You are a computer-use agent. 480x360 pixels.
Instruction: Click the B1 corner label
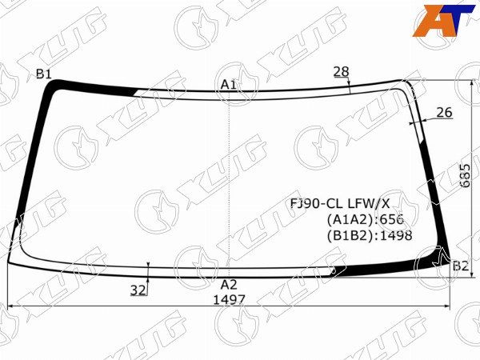(43, 74)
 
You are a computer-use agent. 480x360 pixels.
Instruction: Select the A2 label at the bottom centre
(229, 284)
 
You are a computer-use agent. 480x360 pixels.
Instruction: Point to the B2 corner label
(460, 266)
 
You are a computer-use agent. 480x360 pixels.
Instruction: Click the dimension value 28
(341, 72)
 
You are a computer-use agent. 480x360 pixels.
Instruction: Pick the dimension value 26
(444, 113)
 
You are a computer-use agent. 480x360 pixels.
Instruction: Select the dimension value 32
(138, 290)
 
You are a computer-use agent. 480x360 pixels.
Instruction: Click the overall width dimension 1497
(229, 300)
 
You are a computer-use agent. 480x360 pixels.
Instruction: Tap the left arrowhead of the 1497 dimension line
(10, 307)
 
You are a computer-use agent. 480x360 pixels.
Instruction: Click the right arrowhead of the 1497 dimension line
(448, 307)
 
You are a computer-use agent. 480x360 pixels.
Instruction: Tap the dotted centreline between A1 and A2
(230, 184)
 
